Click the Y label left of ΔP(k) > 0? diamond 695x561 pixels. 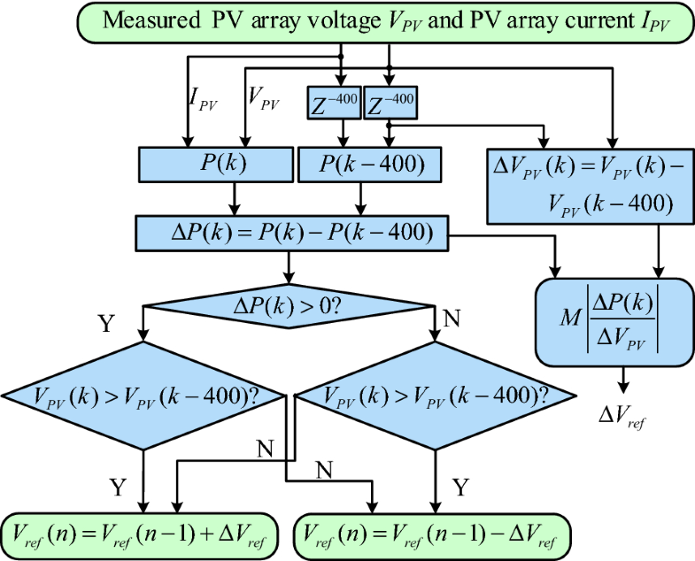click(x=107, y=324)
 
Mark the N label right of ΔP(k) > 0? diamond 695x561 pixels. click(x=452, y=317)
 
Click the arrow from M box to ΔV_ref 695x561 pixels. click(x=623, y=379)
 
